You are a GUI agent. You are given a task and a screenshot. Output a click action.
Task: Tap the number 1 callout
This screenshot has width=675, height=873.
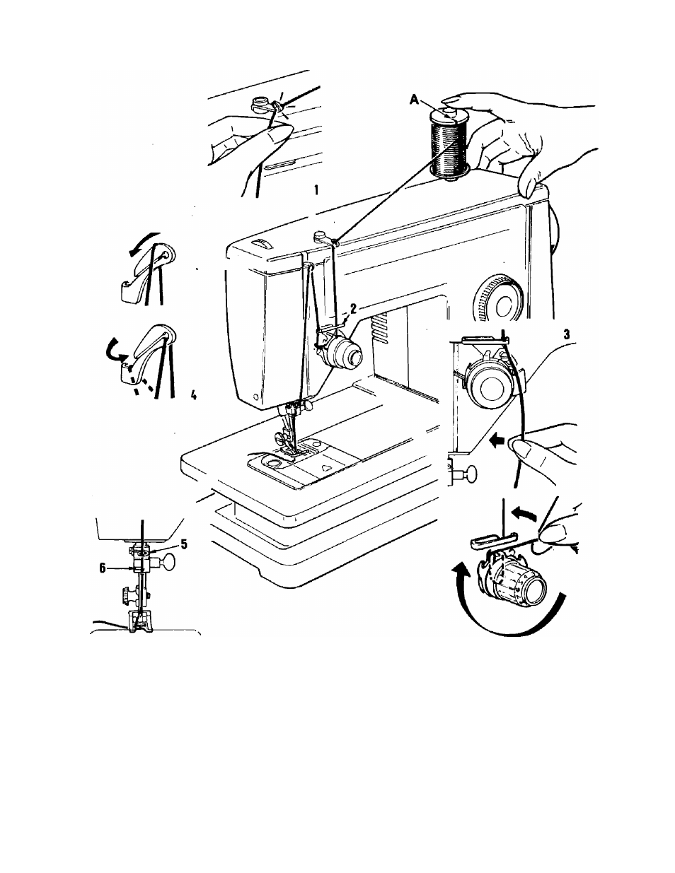click(317, 189)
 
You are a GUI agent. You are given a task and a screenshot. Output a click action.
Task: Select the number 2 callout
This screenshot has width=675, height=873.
click(353, 308)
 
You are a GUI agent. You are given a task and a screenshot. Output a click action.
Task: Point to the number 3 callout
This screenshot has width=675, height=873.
click(567, 334)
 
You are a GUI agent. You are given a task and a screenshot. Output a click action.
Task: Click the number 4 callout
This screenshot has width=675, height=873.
click(194, 395)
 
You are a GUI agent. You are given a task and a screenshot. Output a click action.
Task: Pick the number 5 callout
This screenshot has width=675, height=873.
click(184, 544)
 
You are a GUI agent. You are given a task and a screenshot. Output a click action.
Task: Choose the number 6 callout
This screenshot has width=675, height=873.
click(103, 568)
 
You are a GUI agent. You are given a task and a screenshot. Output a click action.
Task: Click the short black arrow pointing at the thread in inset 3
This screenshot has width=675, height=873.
click(497, 441)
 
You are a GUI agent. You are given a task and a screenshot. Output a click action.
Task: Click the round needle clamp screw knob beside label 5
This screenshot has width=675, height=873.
click(169, 561)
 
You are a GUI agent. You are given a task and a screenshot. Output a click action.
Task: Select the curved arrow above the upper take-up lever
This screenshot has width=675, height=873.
click(144, 243)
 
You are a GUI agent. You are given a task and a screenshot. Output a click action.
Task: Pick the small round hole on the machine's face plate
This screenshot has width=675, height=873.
click(255, 397)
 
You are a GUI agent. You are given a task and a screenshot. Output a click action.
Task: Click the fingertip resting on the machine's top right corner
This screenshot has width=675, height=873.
click(529, 187)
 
